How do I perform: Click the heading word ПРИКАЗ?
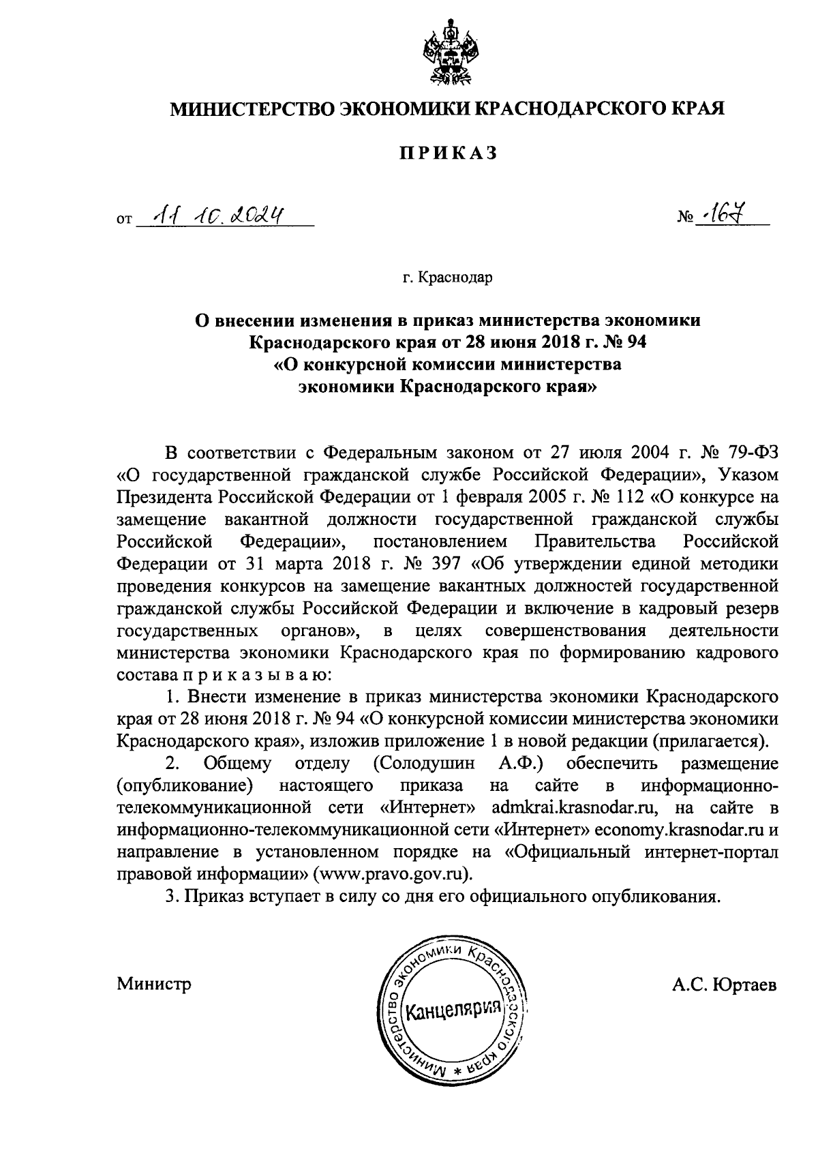click(x=448, y=153)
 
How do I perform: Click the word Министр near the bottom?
click(x=153, y=985)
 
